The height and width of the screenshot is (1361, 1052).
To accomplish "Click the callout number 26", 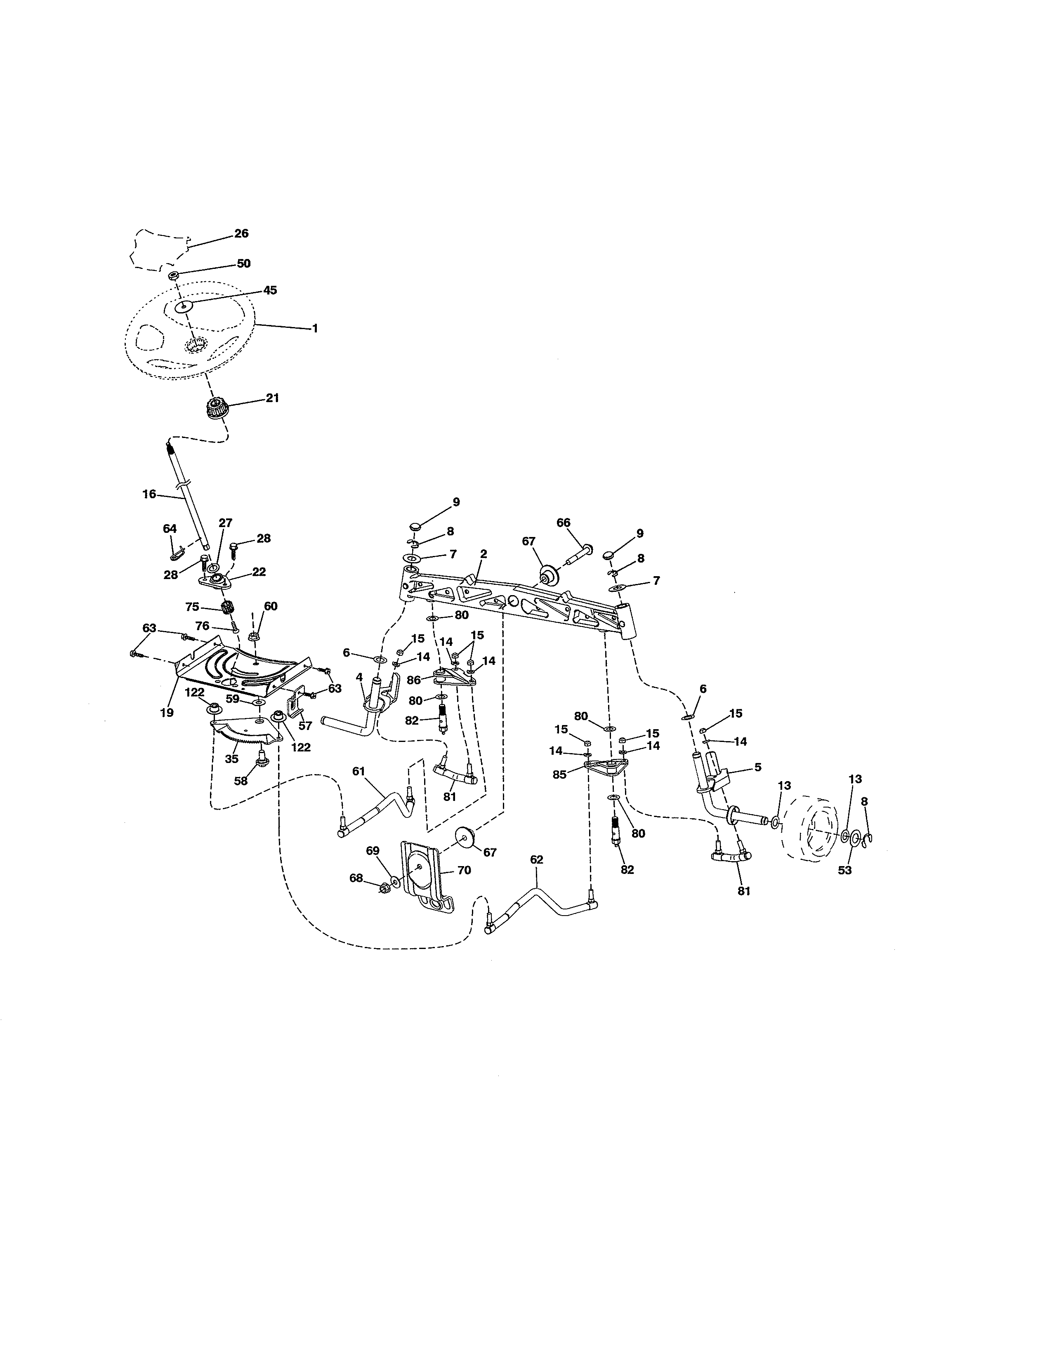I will [241, 234].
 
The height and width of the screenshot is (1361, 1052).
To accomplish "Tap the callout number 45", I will [270, 290].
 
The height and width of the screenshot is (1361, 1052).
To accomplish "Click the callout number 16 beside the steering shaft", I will [149, 494].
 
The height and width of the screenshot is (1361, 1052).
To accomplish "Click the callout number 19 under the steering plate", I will [166, 712].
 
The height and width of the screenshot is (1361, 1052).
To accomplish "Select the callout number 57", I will [305, 726].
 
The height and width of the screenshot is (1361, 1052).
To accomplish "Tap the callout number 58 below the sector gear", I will [241, 781].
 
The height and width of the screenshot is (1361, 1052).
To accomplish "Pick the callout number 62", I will [537, 859].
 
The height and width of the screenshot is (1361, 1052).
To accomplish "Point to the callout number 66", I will [564, 523].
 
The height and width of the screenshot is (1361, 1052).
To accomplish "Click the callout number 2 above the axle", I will [484, 553].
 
